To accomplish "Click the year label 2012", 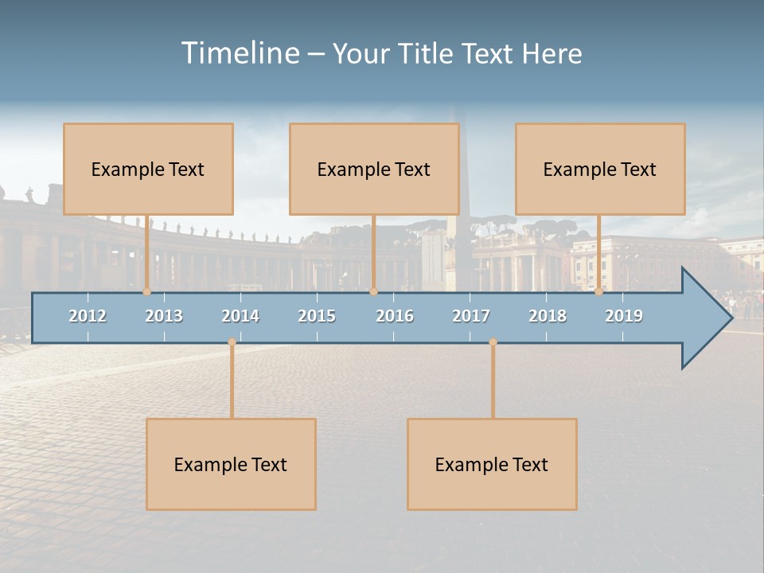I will tap(88, 316).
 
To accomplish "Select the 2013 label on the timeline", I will tap(164, 316).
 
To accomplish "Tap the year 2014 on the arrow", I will tap(240, 316).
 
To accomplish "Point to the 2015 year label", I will tap(317, 316).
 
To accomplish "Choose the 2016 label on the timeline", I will tap(395, 316).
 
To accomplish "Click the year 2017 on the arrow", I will tap(471, 316).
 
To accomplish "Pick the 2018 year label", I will tap(548, 316).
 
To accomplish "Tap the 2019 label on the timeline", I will tap(624, 316).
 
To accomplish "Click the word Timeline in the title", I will tap(240, 53).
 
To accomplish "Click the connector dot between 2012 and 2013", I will tap(147, 292).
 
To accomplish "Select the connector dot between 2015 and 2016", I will tap(373, 292).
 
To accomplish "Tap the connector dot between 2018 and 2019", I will tap(599, 292).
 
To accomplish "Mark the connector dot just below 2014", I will tap(232, 342).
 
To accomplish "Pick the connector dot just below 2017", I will tap(493, 342).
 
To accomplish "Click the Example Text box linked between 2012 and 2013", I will tap(148, 169).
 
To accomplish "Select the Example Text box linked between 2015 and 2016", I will tap(374, 169).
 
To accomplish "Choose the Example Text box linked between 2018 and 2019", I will tap(600, 169).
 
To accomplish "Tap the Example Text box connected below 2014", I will tap(231, 464).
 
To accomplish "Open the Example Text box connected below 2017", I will tap(492, 464).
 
